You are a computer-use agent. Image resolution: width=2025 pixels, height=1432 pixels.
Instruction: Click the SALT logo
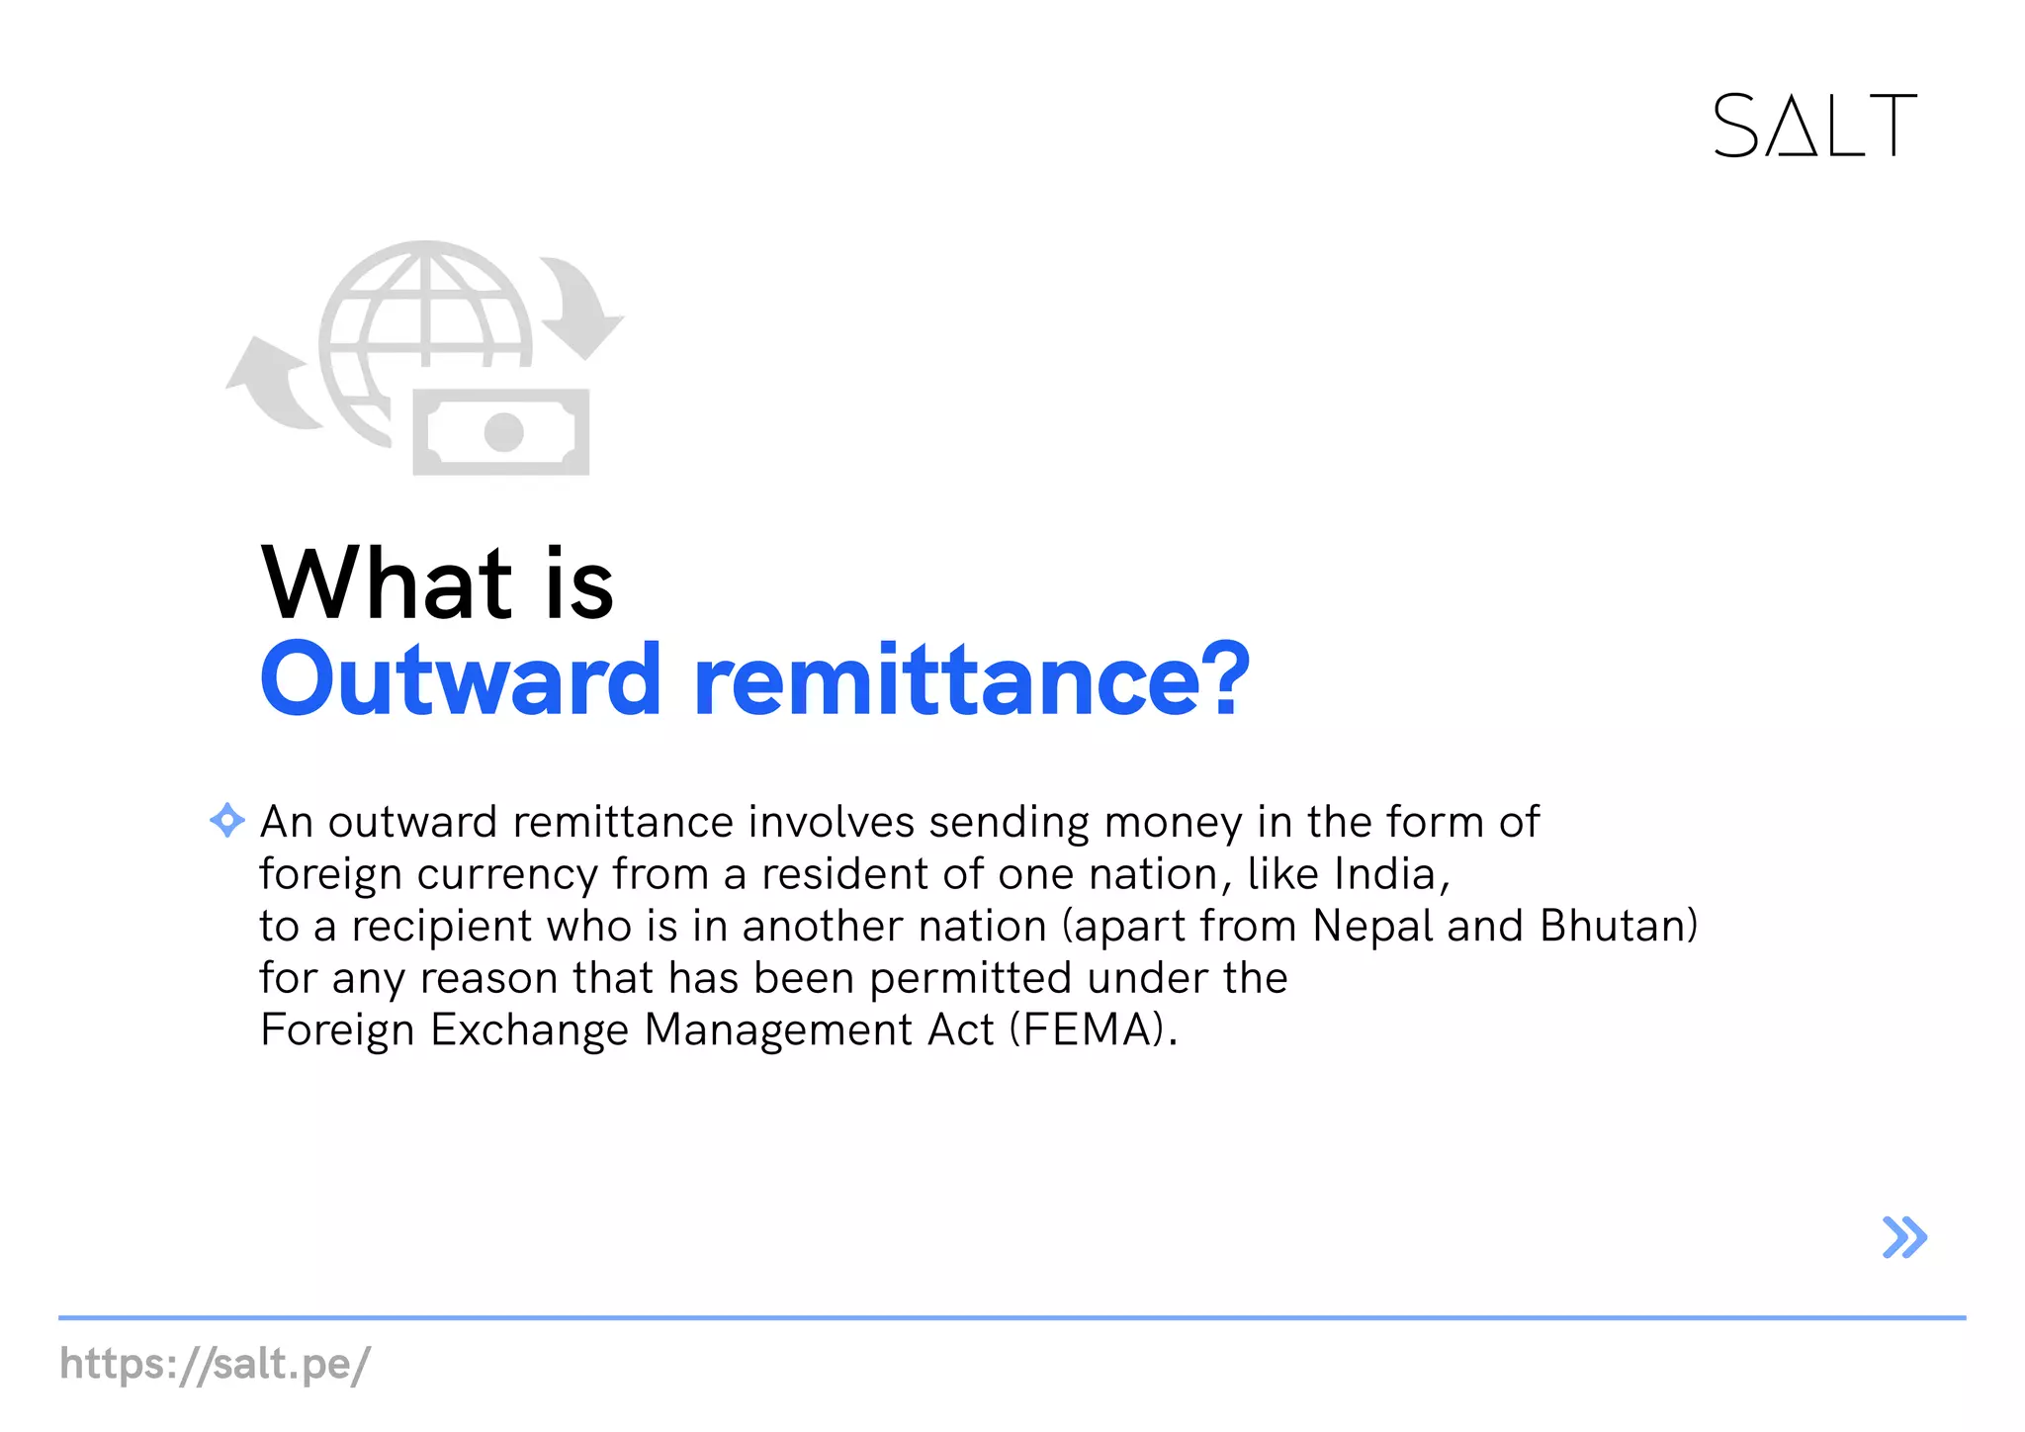click(1814, 126)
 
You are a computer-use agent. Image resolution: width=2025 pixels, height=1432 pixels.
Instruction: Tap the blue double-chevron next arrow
click(1904, 1237)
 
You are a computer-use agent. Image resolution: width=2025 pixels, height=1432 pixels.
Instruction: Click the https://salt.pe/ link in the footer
click(215, 1364)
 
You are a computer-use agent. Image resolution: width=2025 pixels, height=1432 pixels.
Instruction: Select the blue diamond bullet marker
click(227, 820)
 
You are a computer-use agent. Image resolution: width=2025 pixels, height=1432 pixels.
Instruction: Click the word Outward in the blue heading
click(460, 679)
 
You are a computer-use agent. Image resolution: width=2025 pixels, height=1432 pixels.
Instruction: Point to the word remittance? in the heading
click(972, 679)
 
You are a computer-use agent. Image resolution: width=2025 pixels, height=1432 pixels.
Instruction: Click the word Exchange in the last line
click(530, 1030)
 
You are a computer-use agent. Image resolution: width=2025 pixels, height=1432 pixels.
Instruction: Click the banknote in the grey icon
click(501, 432)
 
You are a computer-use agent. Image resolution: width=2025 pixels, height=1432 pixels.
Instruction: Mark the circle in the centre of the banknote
click(503, 432)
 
